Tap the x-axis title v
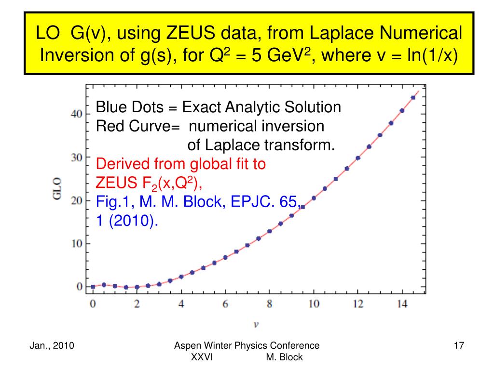pos(256,324)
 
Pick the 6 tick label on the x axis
pos(225,304)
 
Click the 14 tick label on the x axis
pos(402,304)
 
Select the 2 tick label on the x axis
pos(137,304)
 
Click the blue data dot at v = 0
pos(93,287)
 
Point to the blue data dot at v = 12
pos(358,158)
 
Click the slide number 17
pos(459,345)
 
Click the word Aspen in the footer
pos(186,345)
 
